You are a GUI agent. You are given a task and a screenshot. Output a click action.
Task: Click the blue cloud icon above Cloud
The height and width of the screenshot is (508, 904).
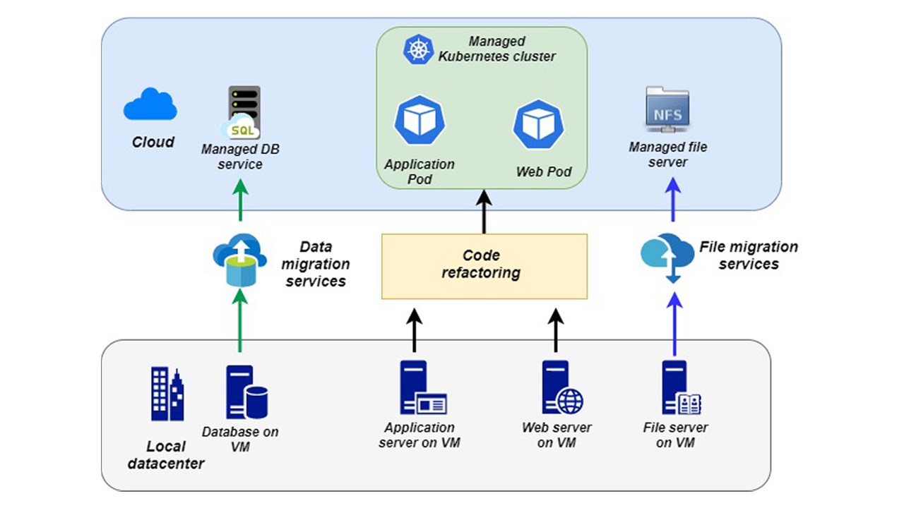[150, 104]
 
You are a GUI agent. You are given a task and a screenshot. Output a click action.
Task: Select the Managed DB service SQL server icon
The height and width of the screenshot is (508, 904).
[242, 113]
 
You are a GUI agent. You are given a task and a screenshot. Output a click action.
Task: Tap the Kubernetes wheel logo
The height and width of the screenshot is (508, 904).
[417, 49]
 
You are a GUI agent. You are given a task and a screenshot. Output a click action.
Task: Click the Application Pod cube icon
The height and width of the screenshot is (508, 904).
[420, 120]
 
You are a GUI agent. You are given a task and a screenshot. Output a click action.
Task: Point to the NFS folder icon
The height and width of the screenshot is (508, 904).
[667, 111]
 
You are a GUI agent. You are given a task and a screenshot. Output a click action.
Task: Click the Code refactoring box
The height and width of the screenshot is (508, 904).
[484, 266]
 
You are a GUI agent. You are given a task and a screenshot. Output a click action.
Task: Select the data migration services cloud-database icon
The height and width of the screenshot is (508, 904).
[239, 261]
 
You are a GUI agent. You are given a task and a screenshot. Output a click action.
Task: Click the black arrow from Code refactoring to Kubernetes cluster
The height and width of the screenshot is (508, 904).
[484, 212]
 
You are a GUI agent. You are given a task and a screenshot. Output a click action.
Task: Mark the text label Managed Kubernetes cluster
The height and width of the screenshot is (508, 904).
[496, 49]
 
